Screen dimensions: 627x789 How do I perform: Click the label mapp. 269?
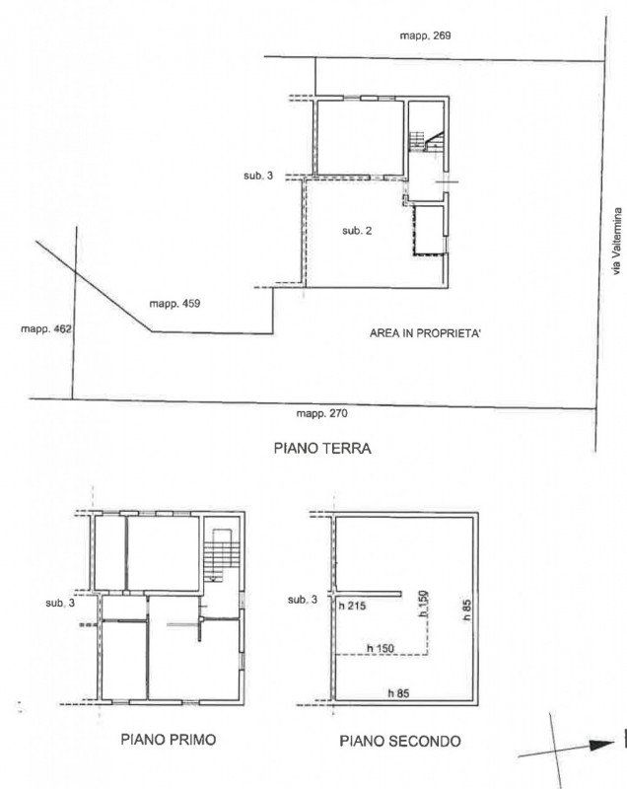tap(425, 36)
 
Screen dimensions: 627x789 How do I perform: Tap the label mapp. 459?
tap(174, 304)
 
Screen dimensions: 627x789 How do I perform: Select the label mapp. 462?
tap(46, 329)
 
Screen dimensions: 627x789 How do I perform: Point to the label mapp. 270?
tap(321, 413)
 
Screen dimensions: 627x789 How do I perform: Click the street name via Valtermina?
tap(617, 242)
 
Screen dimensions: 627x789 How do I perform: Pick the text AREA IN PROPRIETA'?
tap(425, 333)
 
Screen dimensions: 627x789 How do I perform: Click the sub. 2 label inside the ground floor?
tap(357, 231)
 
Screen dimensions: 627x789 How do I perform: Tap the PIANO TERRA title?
tap(322, 448)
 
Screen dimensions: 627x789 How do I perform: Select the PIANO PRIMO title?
tap(169, 739)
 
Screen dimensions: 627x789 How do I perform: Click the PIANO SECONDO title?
tap(400, 741)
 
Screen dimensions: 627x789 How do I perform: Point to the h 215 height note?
tap(352, 606)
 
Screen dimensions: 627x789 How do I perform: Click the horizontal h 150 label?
tap(381, 648)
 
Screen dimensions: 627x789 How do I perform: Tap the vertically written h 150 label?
tap(424, 604)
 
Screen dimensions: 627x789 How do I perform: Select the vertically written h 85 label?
tap(466, 609)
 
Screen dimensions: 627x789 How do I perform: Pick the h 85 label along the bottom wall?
tap(398, 693)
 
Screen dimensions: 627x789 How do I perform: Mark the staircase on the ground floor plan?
tap(427, 141)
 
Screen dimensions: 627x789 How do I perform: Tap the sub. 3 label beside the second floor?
tap(303, 600)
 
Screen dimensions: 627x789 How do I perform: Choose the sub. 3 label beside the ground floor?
tap(258, 176)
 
